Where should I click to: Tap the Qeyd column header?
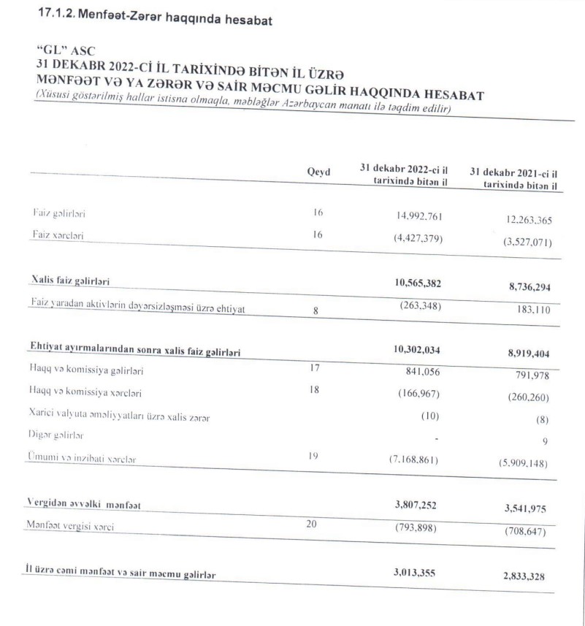click(x=318, y=172)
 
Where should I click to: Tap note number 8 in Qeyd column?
click(x=316, y=310)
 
